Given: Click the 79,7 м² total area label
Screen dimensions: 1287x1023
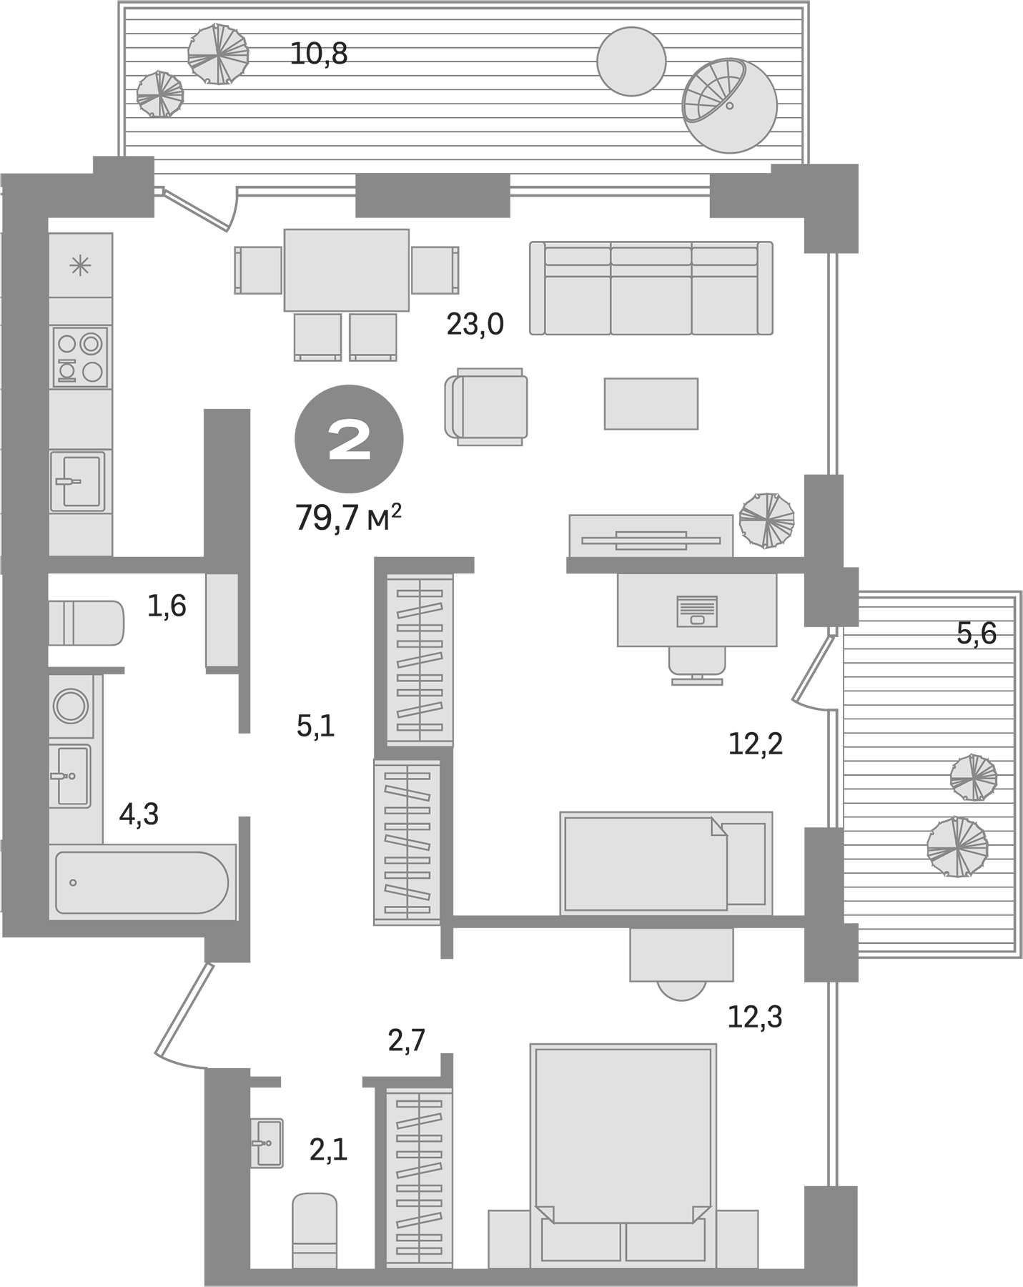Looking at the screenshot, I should coord(348,518).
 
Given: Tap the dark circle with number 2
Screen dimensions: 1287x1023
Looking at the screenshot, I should coord(349,439).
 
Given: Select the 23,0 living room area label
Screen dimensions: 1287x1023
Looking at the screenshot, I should coord(475,325).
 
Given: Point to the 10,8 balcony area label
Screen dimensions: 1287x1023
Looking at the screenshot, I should coord(319,54).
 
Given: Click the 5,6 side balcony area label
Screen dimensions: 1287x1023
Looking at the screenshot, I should coord(977,633).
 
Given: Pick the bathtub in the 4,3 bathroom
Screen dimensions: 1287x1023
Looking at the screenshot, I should coord(142,882).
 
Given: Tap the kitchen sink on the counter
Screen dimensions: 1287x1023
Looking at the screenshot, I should coord(77,480).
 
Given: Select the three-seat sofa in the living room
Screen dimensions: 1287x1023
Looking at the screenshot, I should coord(651,288).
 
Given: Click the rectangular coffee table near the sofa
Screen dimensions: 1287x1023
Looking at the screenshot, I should coord(651,404).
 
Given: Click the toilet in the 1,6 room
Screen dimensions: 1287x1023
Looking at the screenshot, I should coord(86,623).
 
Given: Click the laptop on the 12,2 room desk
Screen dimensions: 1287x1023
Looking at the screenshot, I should coord(696,611).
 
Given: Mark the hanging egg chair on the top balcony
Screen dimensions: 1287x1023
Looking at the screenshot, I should coord(728,105).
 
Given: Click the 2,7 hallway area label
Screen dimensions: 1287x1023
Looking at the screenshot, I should coord(407,1040).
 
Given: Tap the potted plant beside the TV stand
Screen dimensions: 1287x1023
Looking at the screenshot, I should coord(766,520).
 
